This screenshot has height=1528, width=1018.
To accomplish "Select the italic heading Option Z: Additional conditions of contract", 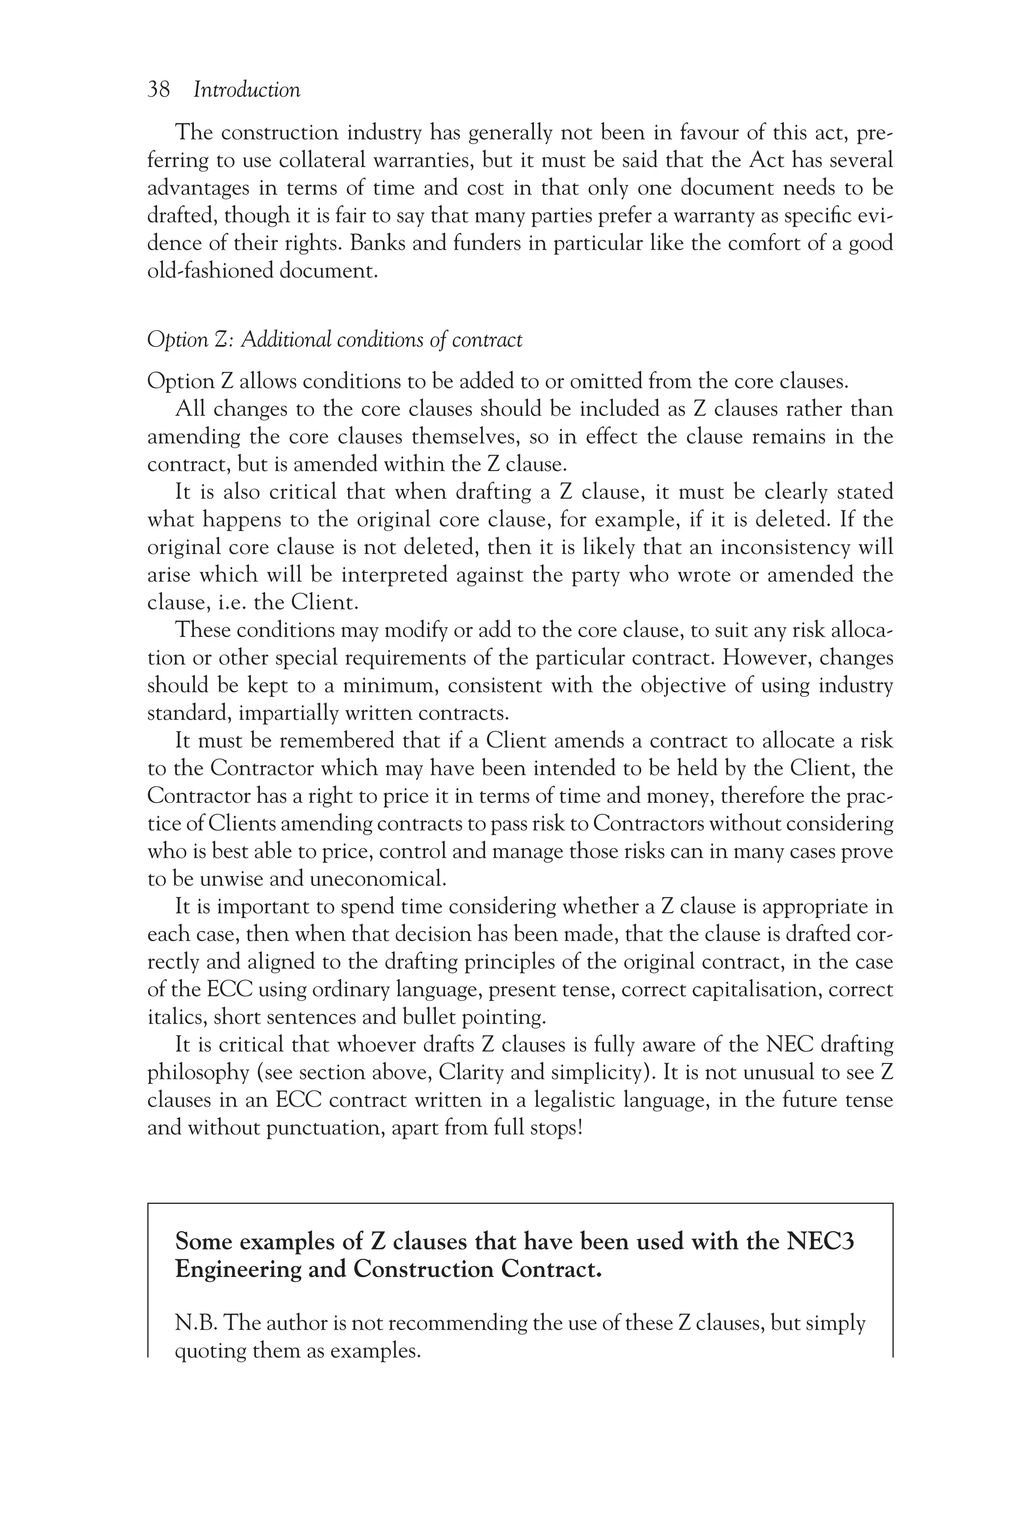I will [335, 340].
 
